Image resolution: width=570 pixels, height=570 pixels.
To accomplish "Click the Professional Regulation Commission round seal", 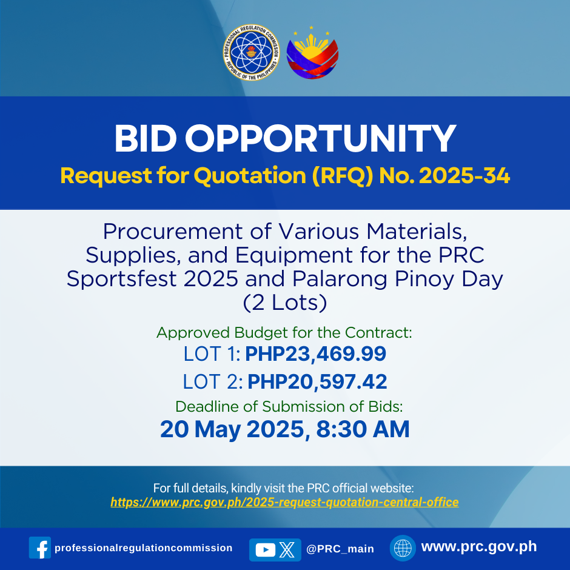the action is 251,52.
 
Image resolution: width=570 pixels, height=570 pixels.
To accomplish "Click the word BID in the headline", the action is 146,139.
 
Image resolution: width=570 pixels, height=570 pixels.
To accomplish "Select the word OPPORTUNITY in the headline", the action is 321,139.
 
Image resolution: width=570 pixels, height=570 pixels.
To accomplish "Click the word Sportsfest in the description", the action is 121,279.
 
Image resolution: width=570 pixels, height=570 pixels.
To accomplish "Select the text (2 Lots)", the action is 285,303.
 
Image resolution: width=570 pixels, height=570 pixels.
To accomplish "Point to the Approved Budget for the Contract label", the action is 284,333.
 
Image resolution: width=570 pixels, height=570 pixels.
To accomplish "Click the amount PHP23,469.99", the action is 315,354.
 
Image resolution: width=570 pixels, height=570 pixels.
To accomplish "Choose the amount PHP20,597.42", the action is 317,381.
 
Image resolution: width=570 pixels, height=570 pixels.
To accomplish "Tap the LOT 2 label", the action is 213,381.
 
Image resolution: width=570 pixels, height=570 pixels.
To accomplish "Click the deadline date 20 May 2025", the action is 235,429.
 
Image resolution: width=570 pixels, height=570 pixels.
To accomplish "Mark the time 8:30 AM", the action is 363,429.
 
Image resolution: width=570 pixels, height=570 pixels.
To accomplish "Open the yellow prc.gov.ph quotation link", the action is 284,502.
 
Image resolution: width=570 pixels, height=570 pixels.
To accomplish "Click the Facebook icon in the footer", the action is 40,548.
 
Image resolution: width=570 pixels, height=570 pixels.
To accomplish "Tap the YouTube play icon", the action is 266,549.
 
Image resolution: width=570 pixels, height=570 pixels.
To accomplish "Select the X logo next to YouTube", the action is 287,549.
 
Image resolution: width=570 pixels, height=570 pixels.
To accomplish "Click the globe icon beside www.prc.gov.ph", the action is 403,548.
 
